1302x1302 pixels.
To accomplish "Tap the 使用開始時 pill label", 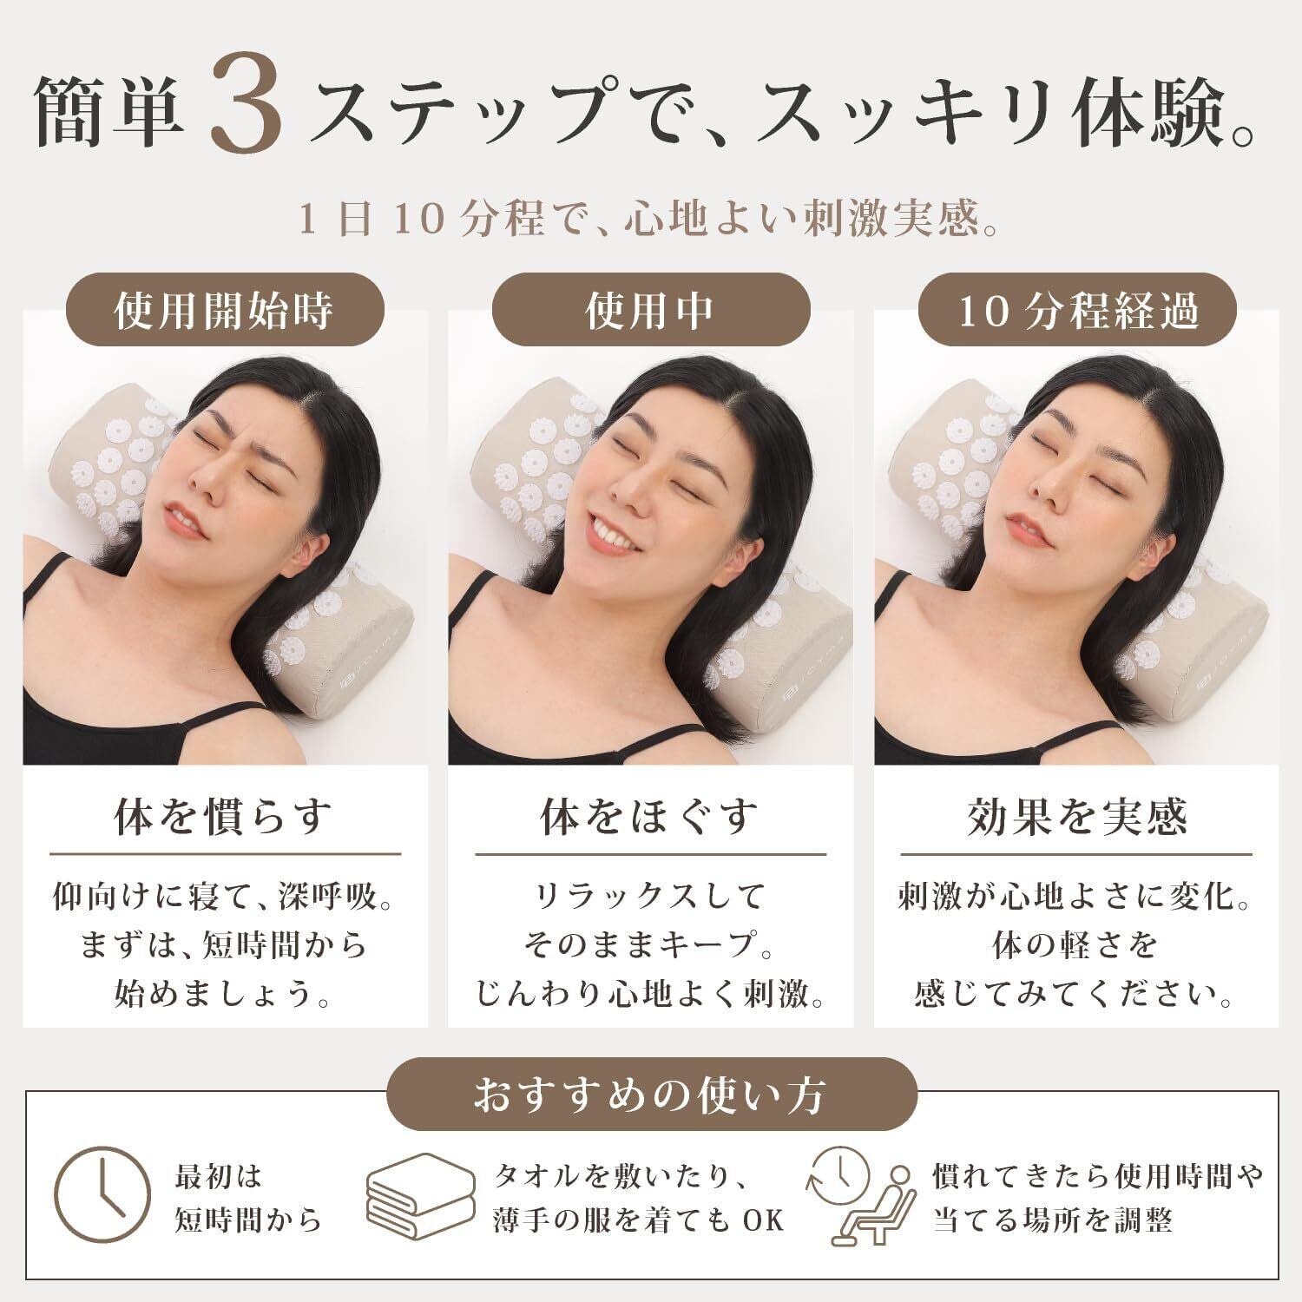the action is click(226, 311).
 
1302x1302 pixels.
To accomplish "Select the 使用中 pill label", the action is click(651, 311).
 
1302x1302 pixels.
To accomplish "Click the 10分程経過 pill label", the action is click(1076, 311).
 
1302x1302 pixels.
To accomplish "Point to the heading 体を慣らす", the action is click(224, 816).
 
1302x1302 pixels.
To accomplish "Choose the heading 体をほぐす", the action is click(650, 816).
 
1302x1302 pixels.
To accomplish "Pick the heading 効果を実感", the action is click(1076, 816).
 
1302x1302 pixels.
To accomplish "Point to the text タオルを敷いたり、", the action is click(622, 1177).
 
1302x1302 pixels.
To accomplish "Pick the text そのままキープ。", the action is click(650, 944).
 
